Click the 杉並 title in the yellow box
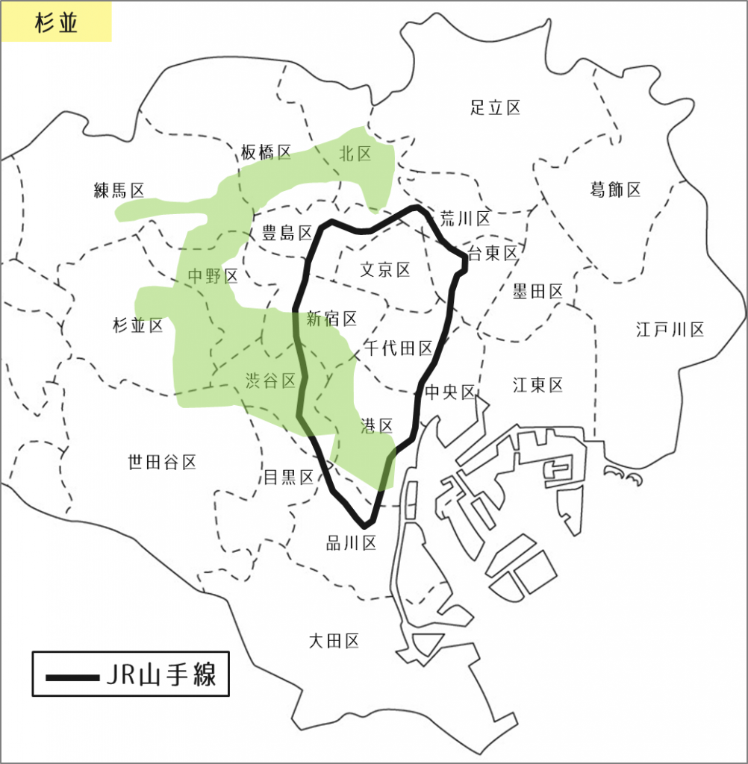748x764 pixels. (x=57, y=22)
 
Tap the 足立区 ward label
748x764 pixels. (x=496, y=107)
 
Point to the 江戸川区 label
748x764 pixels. (x=670, y=329)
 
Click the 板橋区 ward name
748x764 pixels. (x=266, y=153)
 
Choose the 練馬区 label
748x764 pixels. (x=119, y=190)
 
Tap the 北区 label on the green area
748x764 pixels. (x=355, y=154)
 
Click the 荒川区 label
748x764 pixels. (x=465, y=219)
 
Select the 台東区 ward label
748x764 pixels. (x=492, y=254)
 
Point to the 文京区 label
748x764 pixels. (x=385, y=269)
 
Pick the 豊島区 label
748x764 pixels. (x=287, y=234)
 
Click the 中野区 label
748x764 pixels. (x=213, y=277)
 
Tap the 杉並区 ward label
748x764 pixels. (x=137, y=325)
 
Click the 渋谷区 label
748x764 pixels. (x=270, y=381)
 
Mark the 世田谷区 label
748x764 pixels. (x=162, y=463)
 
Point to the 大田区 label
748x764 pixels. (x=334, y=640)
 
